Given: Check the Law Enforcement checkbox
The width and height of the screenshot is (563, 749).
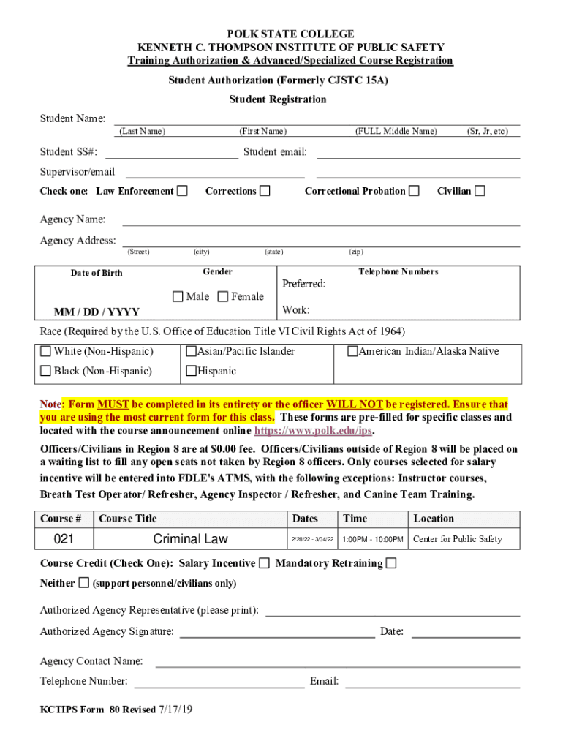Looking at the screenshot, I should pyautogui.click(x=183, y=191).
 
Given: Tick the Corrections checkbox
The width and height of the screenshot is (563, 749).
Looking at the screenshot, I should pyautogui.click(x=265, y=191).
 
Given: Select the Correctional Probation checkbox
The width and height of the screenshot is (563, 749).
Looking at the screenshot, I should pyautogui.click(x=415, y=191).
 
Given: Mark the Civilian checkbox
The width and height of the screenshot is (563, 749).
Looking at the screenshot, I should pyautogui.click(x=480, y=191).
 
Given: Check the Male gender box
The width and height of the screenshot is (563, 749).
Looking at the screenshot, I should pyautogui.click(x=178, y=296).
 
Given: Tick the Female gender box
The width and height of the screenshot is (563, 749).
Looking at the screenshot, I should pyautogui.click(x=223, y=296).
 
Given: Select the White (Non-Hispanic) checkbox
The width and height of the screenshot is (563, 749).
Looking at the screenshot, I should pyautogui.click(x=46, y=351).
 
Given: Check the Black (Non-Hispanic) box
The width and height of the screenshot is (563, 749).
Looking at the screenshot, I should pyautogui.click(x=46, y=371).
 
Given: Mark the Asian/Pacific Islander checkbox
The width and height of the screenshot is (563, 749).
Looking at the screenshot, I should pyautogui.click(x=192, y=351).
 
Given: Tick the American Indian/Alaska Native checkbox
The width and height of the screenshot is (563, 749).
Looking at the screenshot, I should pyautogui.click(x=352, y=351).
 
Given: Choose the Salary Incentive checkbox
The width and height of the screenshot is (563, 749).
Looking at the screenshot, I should pyautogui.click(x=264, y=563).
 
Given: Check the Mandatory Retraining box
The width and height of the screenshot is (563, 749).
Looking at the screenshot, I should pyautogui.click(x=391, y=563).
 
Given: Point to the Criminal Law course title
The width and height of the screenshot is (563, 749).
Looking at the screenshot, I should pyautogui.click(x=190, y=539).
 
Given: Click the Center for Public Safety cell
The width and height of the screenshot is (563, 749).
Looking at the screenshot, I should pyautogui.click(x=458, y=539).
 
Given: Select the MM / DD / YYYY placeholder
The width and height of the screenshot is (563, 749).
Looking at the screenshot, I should pyautogui.click(x=97, y=312).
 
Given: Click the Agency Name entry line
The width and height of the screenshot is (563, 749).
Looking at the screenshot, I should pyautogui.click(x=321, y=220).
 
